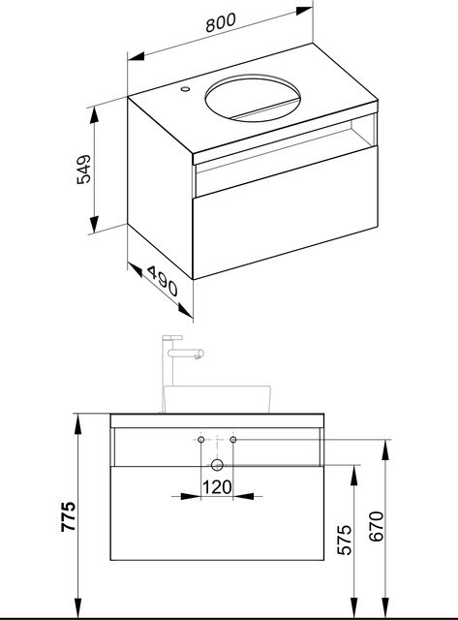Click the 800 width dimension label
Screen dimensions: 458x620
coord(221,22)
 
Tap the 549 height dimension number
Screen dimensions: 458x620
coord(83,170)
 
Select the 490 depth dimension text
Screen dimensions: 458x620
coord(163,281)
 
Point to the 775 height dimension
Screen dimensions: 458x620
coord(68,516)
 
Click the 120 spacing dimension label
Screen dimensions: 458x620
coord(217,487)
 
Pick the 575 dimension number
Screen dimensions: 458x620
coord(344,540)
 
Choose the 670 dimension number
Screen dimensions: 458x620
coord(376,526)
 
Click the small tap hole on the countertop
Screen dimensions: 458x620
coord(185,89)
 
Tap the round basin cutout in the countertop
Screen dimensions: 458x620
coord(253,98)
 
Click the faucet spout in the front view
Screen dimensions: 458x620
coord(186,353)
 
